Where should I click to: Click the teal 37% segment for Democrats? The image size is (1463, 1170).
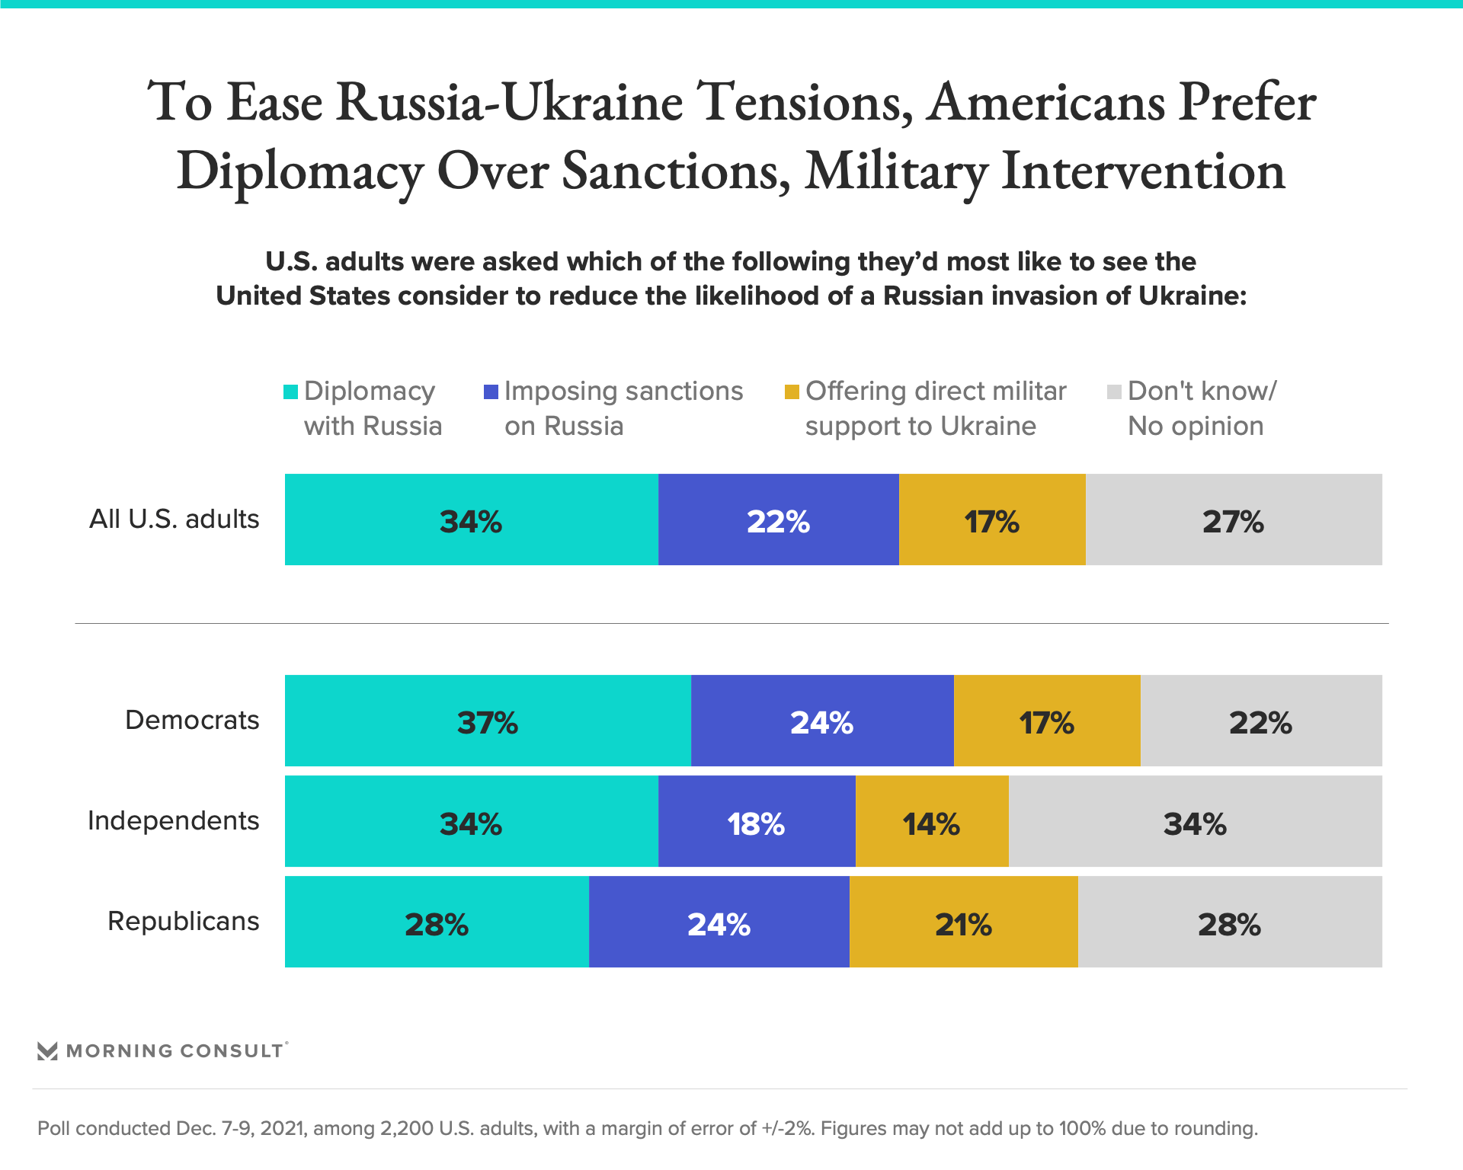tap(488, 721)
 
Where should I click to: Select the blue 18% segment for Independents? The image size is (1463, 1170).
tap(757, 821)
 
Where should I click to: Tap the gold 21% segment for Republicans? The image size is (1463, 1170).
tap(963, 922)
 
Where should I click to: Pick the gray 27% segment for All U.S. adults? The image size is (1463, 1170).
tap(1234, 519)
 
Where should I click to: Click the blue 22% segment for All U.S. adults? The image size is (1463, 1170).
tap(778, 519)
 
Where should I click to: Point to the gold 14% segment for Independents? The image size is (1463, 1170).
tap(932, 821)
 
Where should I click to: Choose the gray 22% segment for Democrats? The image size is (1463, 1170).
tap(1261, 721)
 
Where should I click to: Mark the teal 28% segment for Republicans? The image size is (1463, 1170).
tap(437, 922)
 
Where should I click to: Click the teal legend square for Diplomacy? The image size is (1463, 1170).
tap(290, 392)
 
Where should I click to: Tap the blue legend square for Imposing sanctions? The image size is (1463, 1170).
tap(491, 392)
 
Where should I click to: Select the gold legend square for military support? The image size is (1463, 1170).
tap(792, 392)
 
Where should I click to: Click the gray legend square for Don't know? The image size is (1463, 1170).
tap(1114, 392)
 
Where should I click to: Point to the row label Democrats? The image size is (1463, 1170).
tap(192, 720)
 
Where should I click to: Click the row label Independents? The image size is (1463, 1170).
tap(174, 820)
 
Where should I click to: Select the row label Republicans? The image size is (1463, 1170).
tap(184, 921)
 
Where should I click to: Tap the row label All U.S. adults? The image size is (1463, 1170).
tap(174, 519)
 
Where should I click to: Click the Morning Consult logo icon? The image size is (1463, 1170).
tap(47, 1051)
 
